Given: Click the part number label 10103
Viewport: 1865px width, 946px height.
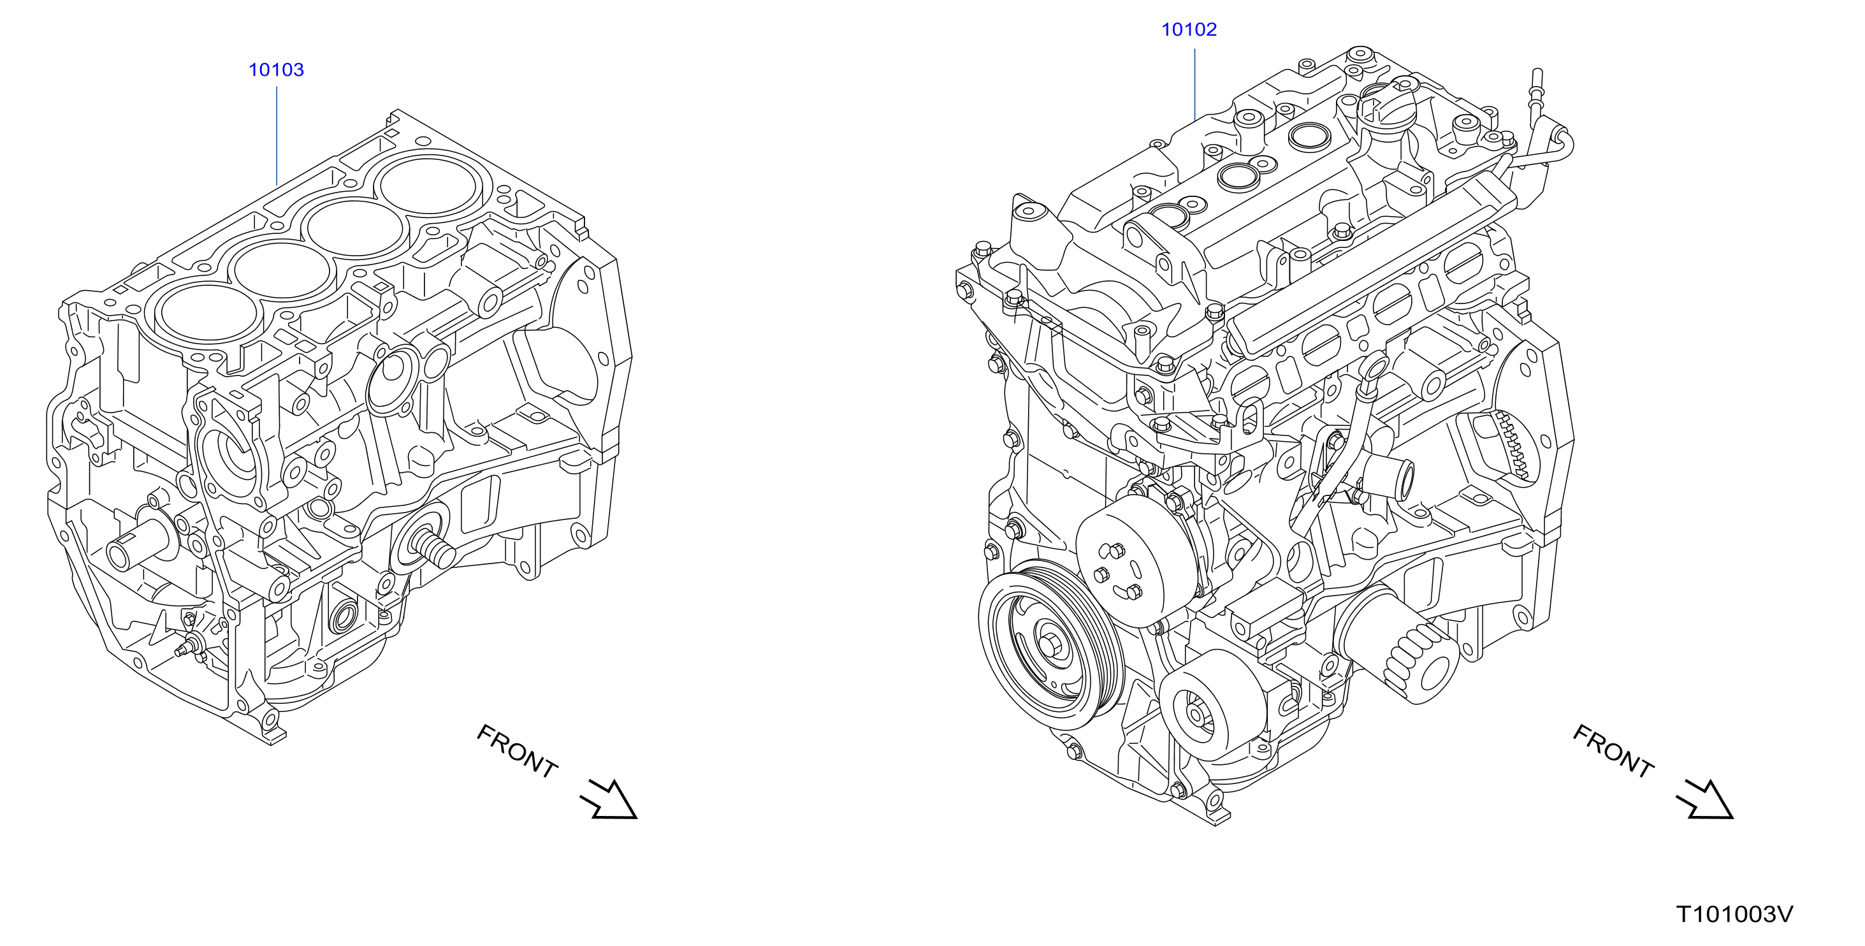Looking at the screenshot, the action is click(x=276, y=69).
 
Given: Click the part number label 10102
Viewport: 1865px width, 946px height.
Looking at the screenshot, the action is click(x=1189, y=30).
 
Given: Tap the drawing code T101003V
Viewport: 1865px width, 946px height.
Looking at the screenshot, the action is click(x=1735, y=914).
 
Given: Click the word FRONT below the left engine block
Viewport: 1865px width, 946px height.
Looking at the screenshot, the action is click(x=517, y=751).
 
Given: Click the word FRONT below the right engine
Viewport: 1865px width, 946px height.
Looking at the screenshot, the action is click(x=1613, y=751).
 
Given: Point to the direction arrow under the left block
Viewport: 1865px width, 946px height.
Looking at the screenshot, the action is click(x=608, y=799).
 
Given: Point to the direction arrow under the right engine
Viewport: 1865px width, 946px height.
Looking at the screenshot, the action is click(x=1704, y=799).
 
